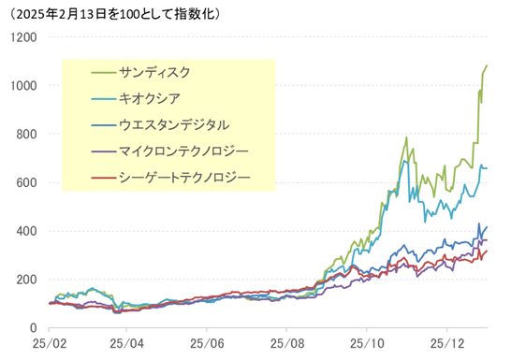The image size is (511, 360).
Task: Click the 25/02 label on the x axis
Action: (x=50, y=344)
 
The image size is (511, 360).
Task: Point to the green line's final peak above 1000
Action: (x=487, y=65)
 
